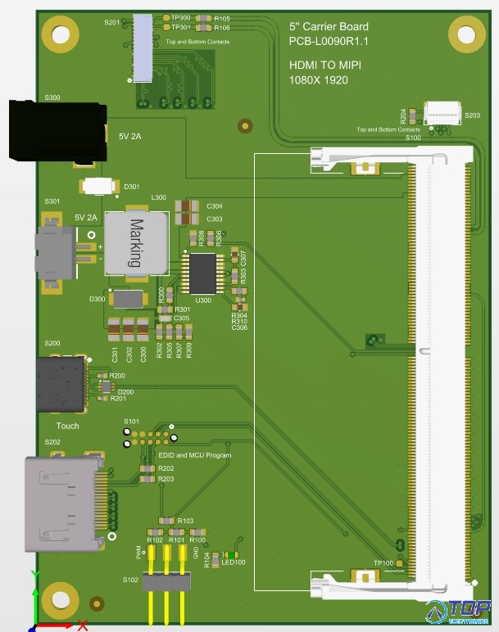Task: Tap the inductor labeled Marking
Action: pyautogui.click(x=137, y=243)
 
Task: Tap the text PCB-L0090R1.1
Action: pyautogui.click(x=328, y=42)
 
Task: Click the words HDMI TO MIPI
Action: pyautogui.click(x=324, y=65)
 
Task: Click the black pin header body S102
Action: pyautogui.click(x=167, y=582)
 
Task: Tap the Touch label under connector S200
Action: pyautogui.click(x=67, y=427)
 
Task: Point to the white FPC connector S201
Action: pyautogui.click(x=143, y=48)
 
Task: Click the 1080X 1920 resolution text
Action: pyautogui.click(x=318, y=80)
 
